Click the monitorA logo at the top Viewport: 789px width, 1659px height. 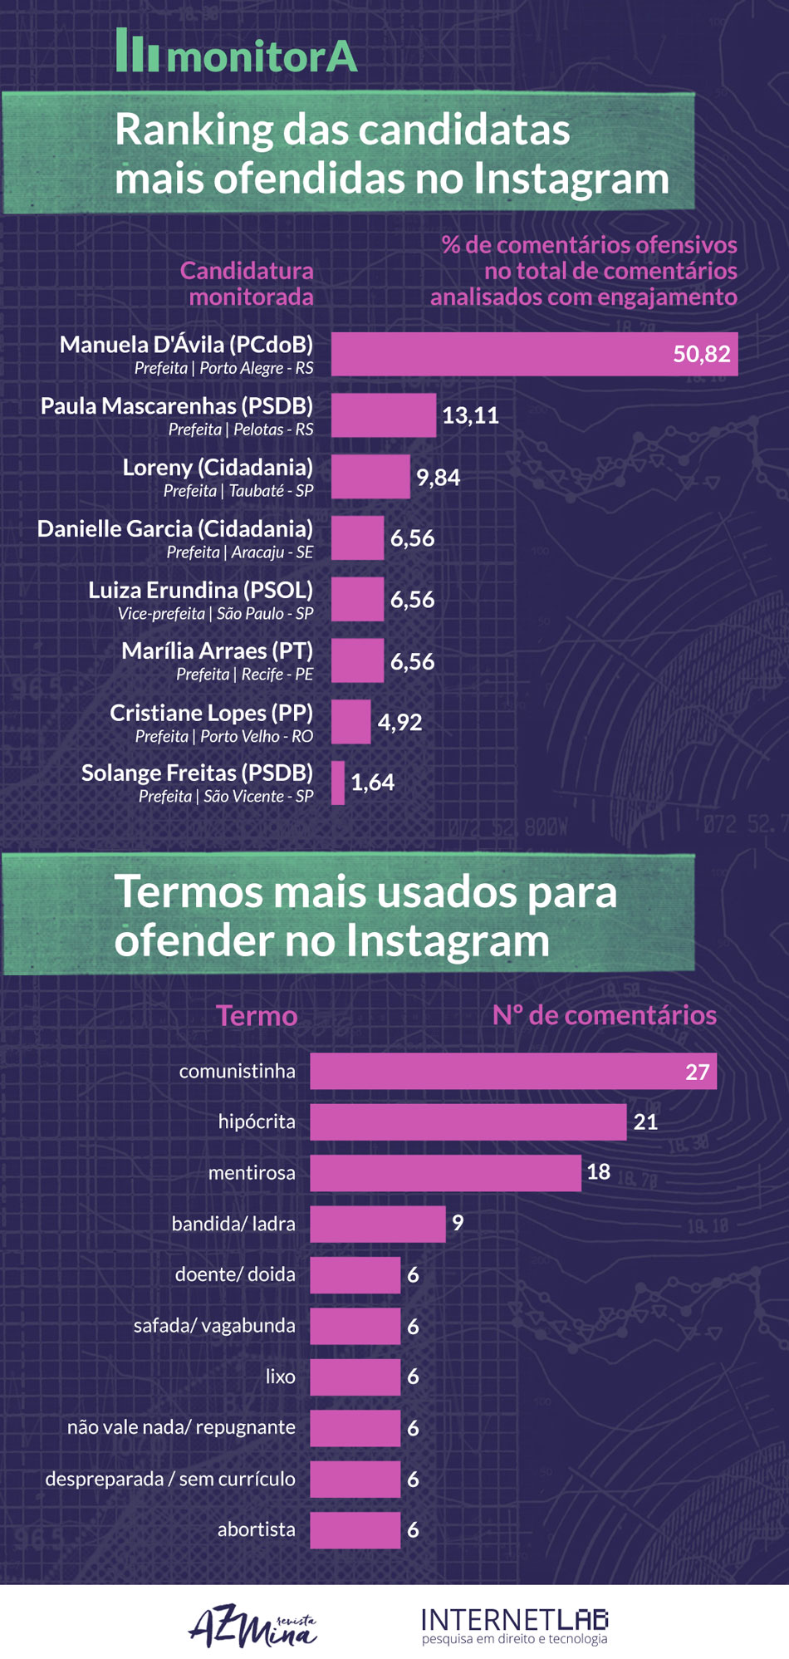(x=237, y=52)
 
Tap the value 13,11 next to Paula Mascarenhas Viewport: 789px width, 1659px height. (x=470, y=415)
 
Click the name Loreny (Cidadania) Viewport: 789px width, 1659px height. (x=218, y=467)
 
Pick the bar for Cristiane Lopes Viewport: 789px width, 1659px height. (x=350, y=721)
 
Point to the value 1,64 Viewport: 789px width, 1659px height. (x=372, y=783)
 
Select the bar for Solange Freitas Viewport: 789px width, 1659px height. (x=338, y=783)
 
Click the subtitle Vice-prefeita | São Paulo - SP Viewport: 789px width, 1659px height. (x=215, y=614)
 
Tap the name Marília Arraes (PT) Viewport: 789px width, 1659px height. (x=217, y=650)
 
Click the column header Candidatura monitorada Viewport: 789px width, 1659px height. (x=247, y=283)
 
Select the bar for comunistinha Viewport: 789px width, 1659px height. (x=512, y=1071)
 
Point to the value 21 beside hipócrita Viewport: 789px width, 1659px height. (x=645, y=1122)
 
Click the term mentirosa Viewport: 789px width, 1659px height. (x=252, y=1173)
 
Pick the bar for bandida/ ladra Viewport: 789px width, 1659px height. (x=377, y=1224)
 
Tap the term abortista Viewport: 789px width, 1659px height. (x=256, y=1529)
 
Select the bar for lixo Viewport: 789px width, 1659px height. (x=355, y=1377)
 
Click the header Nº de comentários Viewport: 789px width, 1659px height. (x=604, y=1015)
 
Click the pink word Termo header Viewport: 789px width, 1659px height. (x=257, y=1015)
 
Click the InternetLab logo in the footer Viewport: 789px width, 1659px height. (x=515, y=1625)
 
